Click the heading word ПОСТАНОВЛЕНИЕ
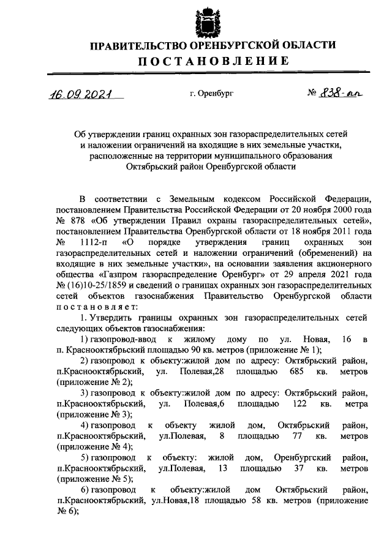pyautogui.click(x=213, y=61)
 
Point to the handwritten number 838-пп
pyautogui.click(x=344, y=94)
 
